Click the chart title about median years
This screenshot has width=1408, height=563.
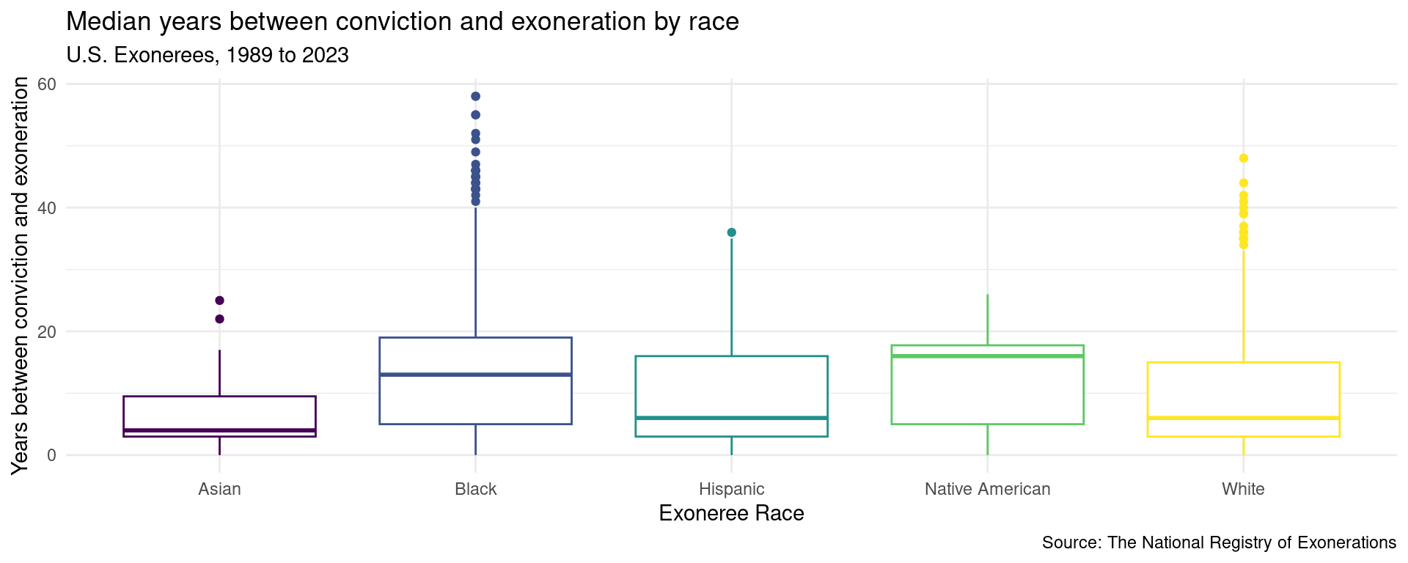click(x=402, y=22)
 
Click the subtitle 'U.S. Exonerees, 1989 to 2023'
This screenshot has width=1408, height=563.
click(x=207, y=55)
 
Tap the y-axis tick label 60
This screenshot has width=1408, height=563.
click(x=47, y=84)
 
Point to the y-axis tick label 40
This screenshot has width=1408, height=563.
click(x=47, y=208)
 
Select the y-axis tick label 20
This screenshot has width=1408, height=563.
click(x=47, y=331)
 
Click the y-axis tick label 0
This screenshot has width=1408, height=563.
click(x=51, y=455)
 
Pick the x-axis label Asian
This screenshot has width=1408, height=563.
click(x=219, y=489)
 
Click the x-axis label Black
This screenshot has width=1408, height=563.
click(x=475, y=489)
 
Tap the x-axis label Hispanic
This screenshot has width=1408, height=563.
click(x=731, y=489)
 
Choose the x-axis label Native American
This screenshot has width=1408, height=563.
click(x=987, y=489)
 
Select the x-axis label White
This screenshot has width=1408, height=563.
click(x=1243, y=489)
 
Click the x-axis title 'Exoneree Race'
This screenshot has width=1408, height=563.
click(x=731, y=513)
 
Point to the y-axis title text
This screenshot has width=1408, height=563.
click(x=21, y=275)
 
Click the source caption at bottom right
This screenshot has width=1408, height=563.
click(x=1219, y=543)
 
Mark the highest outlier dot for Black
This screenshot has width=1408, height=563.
click(x=475, y=96)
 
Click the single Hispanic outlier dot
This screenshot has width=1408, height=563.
click(x=731, y=232)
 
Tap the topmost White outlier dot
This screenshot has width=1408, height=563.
click(x=1243, y=158)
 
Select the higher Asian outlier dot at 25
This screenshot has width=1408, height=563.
click(x=219, y=301)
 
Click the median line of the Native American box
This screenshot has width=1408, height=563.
click(x=987, y=356)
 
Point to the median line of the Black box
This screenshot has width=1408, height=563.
click(x=475, y=375)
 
